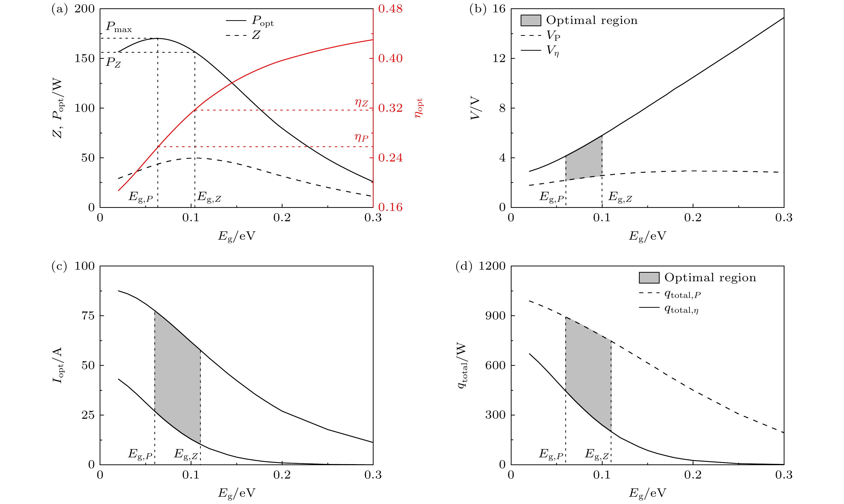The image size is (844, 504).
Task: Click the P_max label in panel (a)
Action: click(119, 27)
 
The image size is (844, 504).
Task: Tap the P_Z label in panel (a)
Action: click(114, 63)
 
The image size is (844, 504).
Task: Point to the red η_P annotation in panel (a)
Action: click(361, 137)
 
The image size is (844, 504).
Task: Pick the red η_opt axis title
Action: click(419, 108)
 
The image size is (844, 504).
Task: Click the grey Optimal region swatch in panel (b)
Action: click(531, 20)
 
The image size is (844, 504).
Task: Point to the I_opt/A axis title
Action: click(58, 365)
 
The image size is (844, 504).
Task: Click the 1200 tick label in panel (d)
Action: click(492, 266)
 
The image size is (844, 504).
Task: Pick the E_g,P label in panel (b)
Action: click(552, 197)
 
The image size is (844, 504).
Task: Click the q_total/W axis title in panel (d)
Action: click(462, 365)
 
